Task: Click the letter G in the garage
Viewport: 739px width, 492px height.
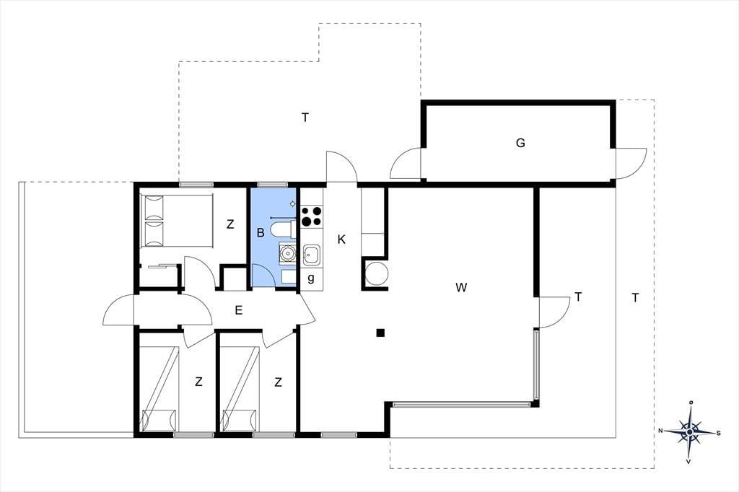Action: click(x=520, y=143)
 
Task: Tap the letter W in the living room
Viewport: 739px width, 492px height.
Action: click(x=461, y=287)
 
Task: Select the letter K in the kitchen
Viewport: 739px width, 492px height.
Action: click(x=341, y=240)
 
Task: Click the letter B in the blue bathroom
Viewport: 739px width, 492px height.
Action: click(x=260, y=232)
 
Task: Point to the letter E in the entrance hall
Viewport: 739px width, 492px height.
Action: click(x=238, y=310)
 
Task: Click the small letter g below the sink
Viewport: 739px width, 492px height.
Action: click(x=310, y=278)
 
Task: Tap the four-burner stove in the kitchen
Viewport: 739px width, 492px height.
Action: click(x=312, y=216)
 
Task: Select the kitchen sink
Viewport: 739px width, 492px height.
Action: click(x=311, y=255)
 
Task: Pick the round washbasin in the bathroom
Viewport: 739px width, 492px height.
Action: click(x=287, y=254)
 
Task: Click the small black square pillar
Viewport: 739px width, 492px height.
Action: click(x=380, y=333)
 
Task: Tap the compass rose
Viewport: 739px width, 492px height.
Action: click(x=690, y=431)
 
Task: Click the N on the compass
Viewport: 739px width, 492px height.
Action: click(x=661, y=431)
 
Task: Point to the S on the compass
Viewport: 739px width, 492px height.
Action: click(x=718, y=433)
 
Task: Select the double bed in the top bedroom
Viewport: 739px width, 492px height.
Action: click(x=177, y=220)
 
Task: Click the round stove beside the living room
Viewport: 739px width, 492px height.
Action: click(x=377, y=274)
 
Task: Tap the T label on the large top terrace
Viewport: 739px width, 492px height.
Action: click(x=305, y=118)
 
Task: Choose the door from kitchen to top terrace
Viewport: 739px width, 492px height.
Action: click(x=341, y=166)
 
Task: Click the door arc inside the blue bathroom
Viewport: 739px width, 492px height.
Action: click(x=263, y=275)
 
